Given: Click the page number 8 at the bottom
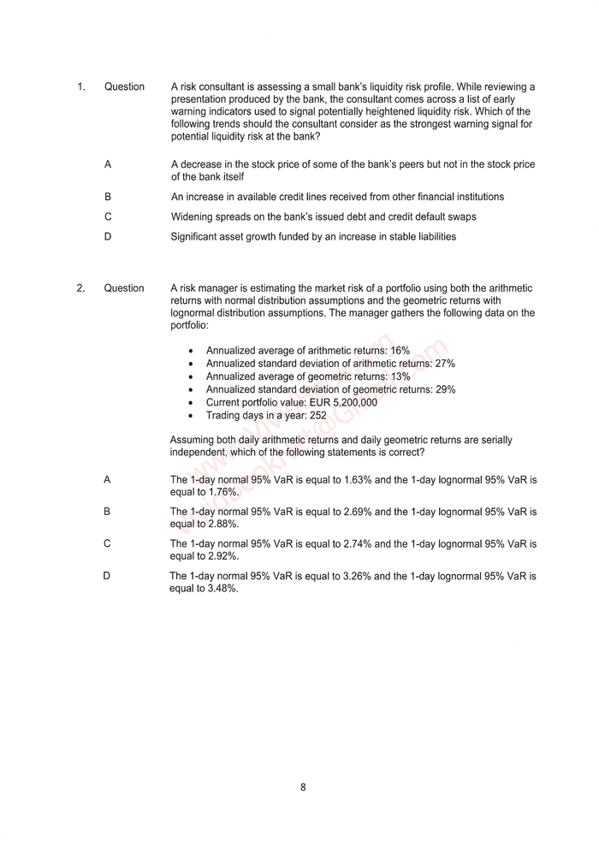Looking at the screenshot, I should pyautogui.click(x=303, y=787).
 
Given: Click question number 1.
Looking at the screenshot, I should pyautogui.click(x=80, y=86).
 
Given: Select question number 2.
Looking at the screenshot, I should pyautogui.click(x=80, y=288).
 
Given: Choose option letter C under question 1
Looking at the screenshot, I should pyautogui.click(x=108, y=216).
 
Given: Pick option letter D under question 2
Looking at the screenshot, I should pyautogui.click(x=107, y=576).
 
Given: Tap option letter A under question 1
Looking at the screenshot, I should pyautogui.click(x=108, y=164).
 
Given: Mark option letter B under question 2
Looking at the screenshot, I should pyautogui.click(x=107, y=512).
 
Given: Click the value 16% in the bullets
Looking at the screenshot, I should pyautogui.click(x=400, y=351).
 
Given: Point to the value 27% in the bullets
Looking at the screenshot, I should pyautogui.click(x=445, y=364).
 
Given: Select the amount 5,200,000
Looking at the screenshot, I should pyautogui.click(x=347, y=402).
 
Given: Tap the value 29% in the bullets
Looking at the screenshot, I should pyautogui.click(x=445, y=389).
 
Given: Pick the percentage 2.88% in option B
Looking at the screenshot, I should pyautogui.click(x=223, y=524).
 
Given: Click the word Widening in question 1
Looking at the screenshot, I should pyautogui.click(x=193, y=216).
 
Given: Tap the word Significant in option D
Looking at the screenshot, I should pyautogui.click(x=196, y=236).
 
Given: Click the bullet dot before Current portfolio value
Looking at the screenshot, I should pyautogui.click(x=190, y=402).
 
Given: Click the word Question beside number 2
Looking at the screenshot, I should pyautogui.click(x=124, y=288).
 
